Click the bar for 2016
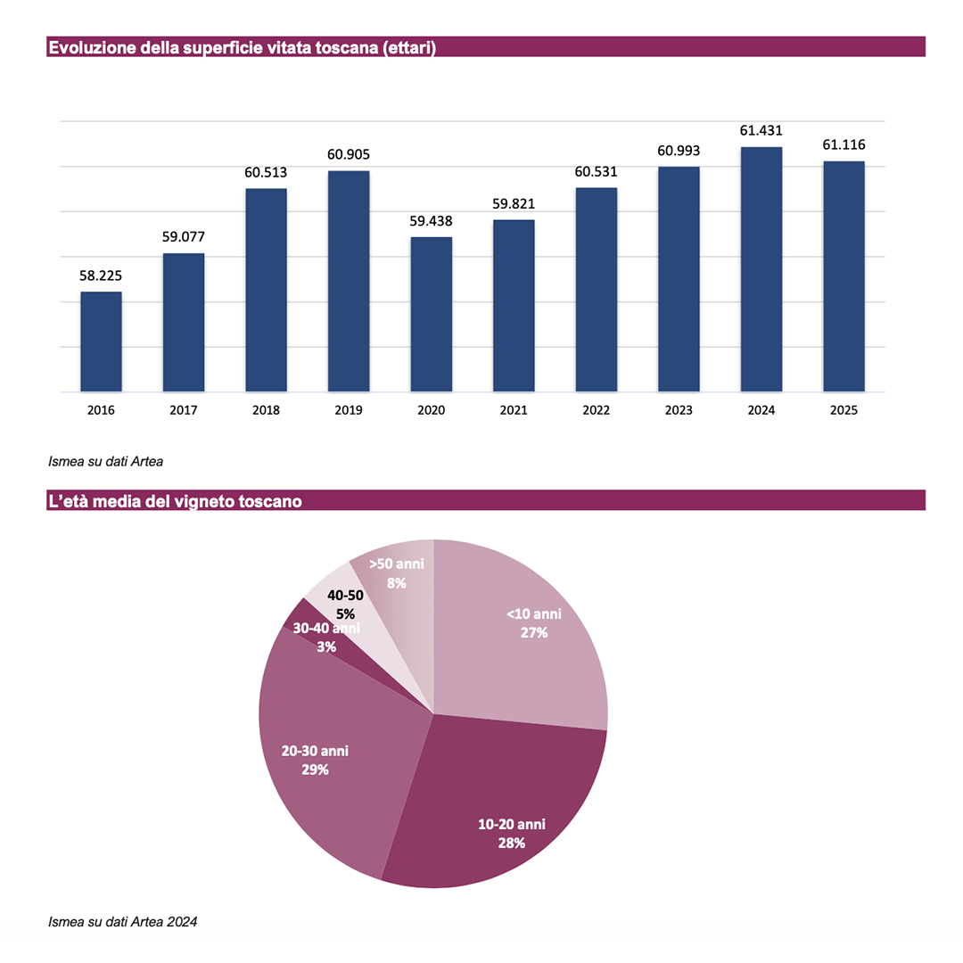click(101, 342)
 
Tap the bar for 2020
click(432, 314)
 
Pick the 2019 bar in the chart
click(349, 281)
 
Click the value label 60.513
click(266, 172)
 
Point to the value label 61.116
click(844, 144)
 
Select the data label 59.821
click(514, 203)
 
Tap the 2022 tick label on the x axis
click(597, 411)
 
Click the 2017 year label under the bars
click(184, 411)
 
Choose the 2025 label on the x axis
click(844, 411)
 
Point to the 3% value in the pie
click(325, 647)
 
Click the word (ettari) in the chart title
click(408, 48)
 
